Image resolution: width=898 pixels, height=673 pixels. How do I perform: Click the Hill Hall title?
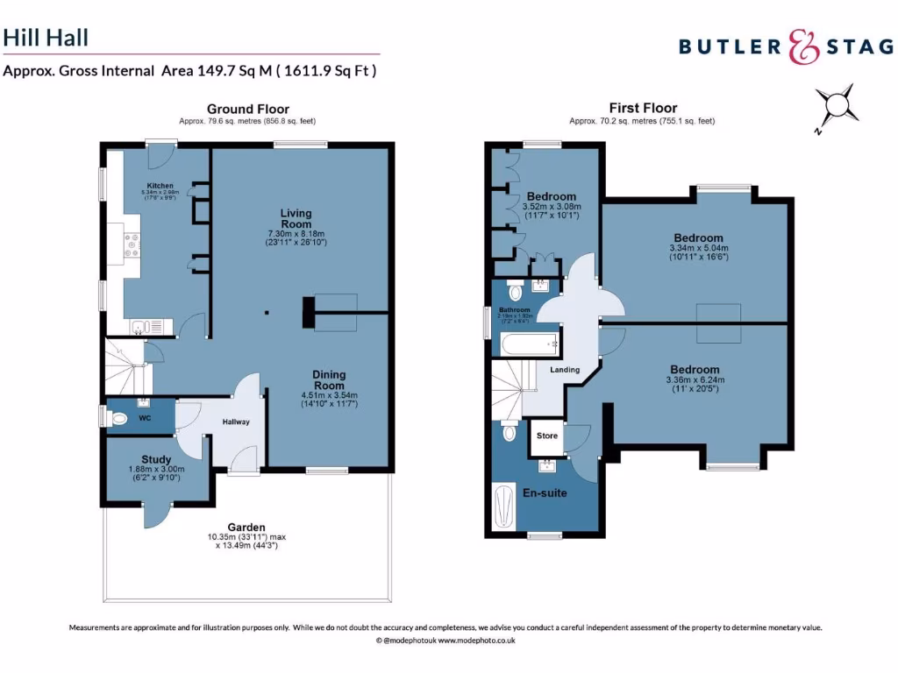(x=46, y=38)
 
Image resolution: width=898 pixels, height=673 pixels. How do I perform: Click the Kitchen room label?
(x=160, y=186)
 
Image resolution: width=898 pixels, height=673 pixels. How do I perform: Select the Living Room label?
(x=296, y=218)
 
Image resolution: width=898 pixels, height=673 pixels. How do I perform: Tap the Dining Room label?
(x=329, y=379)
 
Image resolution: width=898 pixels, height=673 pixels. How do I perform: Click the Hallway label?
(x=235, y=422)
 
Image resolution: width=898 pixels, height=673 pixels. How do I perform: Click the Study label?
(x=156, y=459)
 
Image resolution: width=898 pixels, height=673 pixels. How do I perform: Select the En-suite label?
(x=545, y=492)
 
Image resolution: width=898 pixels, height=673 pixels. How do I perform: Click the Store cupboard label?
(x=547, y=436)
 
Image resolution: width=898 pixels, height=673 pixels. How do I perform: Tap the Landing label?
(x=565, y=370)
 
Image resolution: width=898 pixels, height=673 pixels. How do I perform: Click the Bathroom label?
(x=515, y=310)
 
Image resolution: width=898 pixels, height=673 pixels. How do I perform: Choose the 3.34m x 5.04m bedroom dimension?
(x=698, y=248)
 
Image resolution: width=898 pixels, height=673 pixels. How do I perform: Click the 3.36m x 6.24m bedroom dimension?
(x=695, y=380)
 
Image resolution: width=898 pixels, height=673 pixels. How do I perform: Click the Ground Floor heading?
(x=247, y=109)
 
